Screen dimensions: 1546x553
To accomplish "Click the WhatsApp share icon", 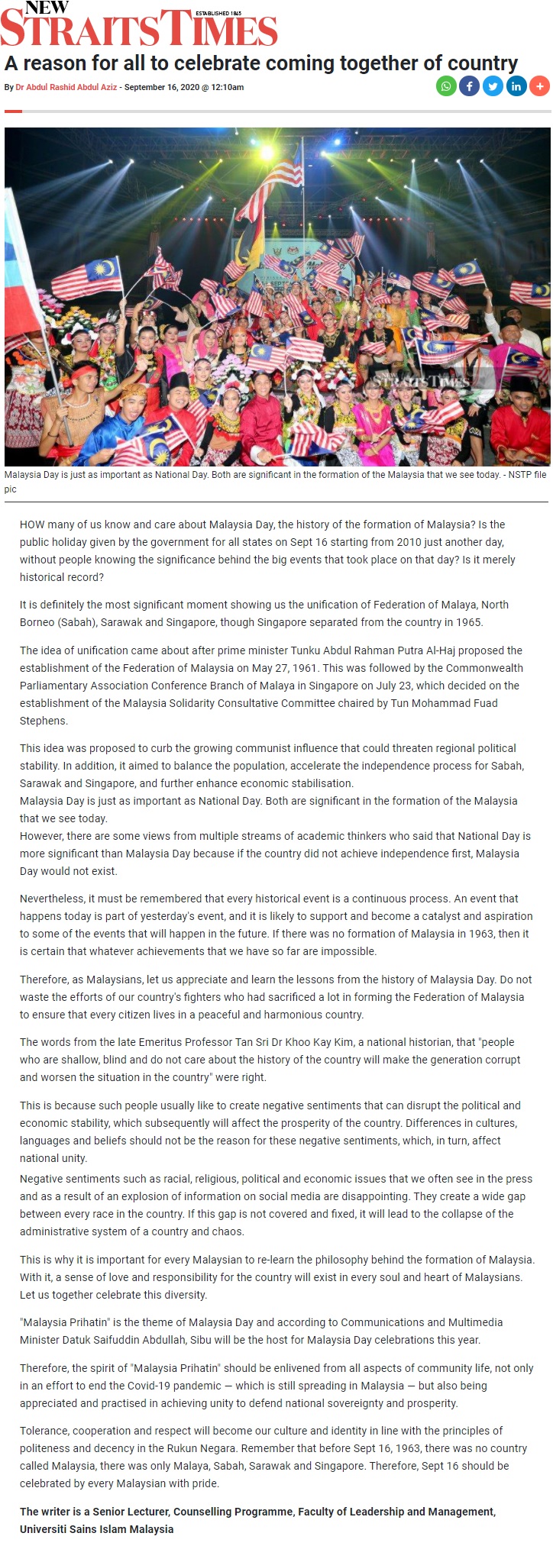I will (446, 86).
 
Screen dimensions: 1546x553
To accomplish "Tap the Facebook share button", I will (469, 86).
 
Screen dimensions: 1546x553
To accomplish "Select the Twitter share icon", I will (493, 86).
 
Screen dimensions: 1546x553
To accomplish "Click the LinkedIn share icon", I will (516, 86).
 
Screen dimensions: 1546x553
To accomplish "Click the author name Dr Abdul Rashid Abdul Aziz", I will (66, 87).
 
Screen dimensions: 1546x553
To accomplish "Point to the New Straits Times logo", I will (139, 24).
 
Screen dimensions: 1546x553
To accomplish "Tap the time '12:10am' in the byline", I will (227, 87).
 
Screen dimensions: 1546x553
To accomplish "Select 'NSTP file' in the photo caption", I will (522, 475).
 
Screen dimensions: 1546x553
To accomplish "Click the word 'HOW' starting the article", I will (32, 524).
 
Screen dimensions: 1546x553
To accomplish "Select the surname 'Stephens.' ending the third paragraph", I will (44, 721).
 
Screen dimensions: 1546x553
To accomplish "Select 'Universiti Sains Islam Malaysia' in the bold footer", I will (96, 1529).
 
